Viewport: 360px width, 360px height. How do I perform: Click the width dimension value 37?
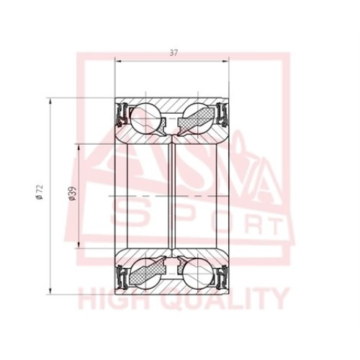[x=174, y=53]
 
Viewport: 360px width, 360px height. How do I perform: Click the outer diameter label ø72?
[x=40, y=192]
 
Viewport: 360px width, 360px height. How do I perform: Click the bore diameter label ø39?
[x=72, y=193]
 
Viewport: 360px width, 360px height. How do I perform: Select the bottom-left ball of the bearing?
[x=145, y=274]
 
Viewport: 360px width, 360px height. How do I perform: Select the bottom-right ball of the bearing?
[x=198, y=274]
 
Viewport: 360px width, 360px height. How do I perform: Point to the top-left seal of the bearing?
[x=122, y=114]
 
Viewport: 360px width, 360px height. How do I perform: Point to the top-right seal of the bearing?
[x=222, y=114]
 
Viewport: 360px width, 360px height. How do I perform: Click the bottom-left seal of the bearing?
[x=122, y=277]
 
